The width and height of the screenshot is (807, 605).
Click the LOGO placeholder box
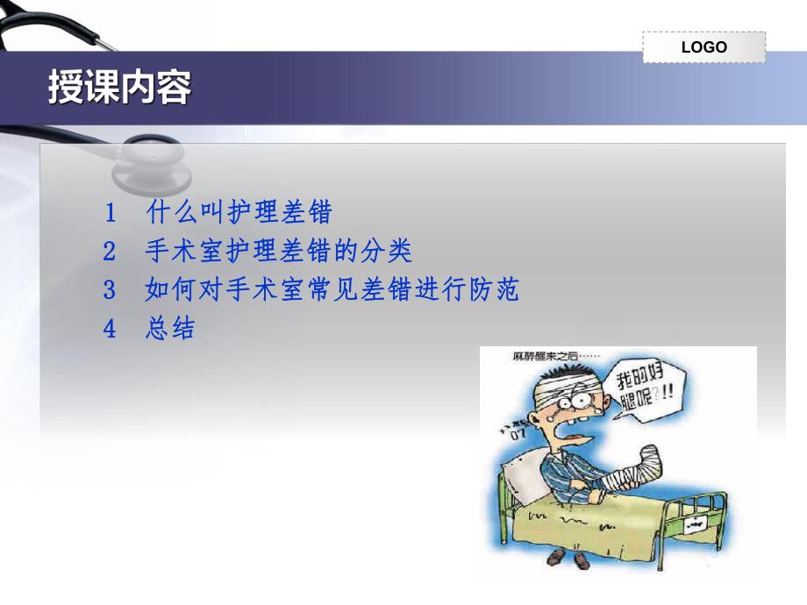pyautogui.click(x=703, y=47)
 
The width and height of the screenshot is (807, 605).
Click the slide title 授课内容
pyautogui.click(x=119, y=89)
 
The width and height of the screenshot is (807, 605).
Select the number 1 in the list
pyautogui.click(x=110, y=212)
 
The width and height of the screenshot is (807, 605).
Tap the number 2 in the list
pyautogui.click(x=110, y=253)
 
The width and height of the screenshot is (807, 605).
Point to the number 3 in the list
pyautogui.click(x=110, y=290)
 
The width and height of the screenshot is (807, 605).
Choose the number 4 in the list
pyautogui.click(x=110, y=330)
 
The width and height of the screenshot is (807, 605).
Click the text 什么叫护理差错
pyautogui.click(x=239, y=212)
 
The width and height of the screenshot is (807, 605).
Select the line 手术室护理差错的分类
pyautogui.click(x=278, y=253)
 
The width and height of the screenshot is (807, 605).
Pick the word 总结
pyautogui.click(x=170, y=330)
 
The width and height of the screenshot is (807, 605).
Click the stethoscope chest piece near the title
pyautogui.click(x=158, y=166)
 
